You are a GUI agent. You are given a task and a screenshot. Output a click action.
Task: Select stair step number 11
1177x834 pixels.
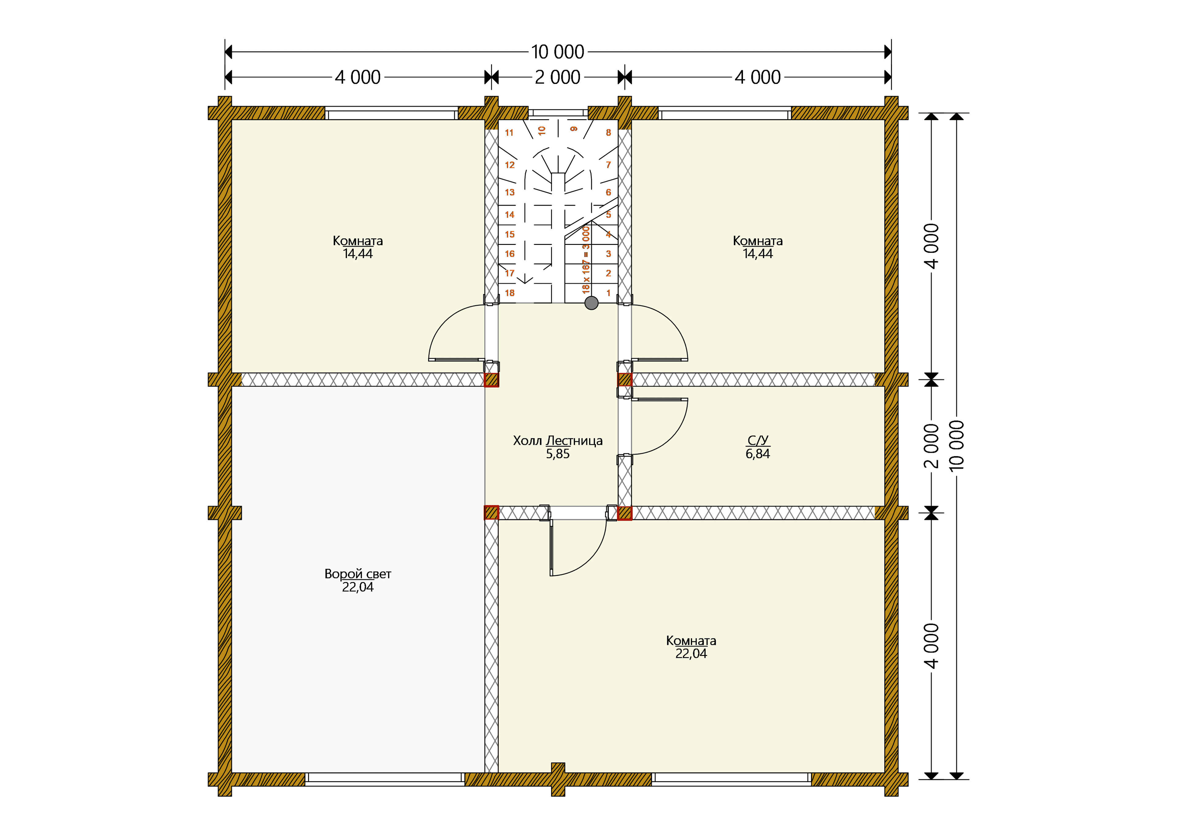click(509, 132)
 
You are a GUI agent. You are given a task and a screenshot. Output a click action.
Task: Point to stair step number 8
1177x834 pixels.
click(608, 132)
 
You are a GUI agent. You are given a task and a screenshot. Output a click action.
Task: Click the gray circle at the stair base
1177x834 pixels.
click(592, 303)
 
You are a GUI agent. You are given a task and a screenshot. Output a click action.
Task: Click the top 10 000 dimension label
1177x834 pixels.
click(558, 52)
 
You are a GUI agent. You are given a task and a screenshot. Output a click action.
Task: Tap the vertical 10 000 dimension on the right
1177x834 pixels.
click(957, 446)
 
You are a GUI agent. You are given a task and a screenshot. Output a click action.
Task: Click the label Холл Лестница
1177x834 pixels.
click(558, 441)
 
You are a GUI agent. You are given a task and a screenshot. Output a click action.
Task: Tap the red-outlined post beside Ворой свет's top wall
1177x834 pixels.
click(491, 380)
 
